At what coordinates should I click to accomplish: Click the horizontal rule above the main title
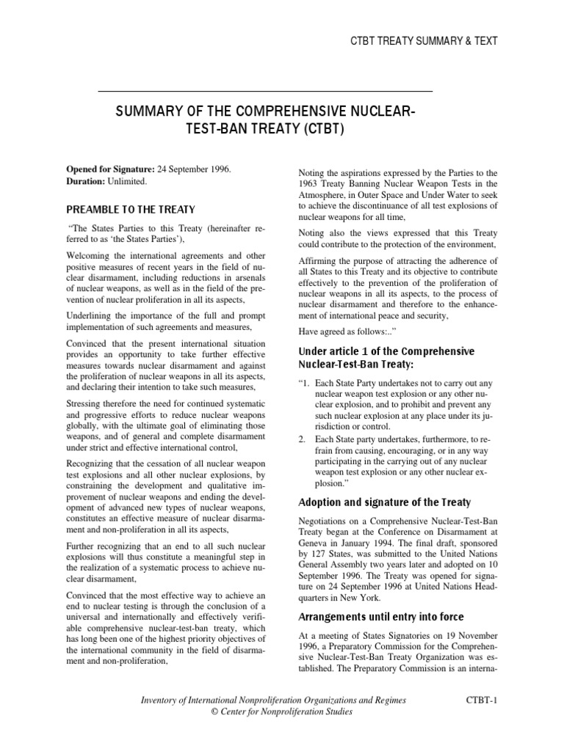point(265,90)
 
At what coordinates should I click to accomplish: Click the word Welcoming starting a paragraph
point(91,255)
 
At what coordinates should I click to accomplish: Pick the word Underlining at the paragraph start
point(92,316)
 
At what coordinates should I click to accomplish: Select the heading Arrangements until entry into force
point(381,617)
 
